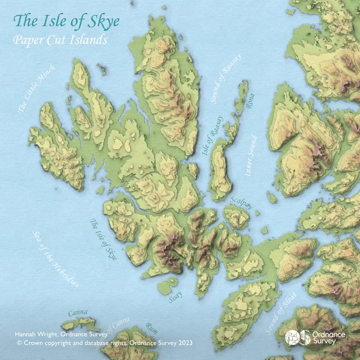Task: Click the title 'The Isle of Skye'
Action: (x=66, y=21)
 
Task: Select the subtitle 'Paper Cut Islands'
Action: (x=60, y=40)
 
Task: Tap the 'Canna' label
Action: (x=77, y=313)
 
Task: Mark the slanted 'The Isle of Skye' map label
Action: (x=104, y=239)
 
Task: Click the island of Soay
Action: (x=168, y=287)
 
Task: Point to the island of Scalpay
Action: (x=237, y=217)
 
